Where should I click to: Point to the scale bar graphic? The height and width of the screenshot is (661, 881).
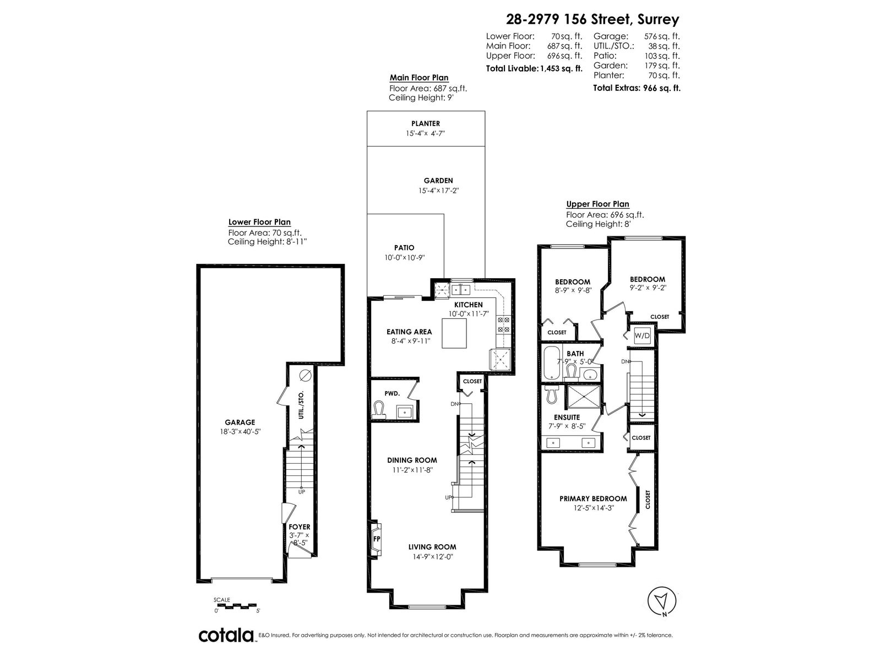click(x=235, y=605)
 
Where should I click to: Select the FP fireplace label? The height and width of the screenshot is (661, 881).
click(x=377, y=539)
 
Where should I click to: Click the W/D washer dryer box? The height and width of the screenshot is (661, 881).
click(x=642, y=335)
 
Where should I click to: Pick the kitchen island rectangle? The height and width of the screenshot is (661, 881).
click(x=454, y=333)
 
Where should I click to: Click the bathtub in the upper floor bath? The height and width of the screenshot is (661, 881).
click(x=551, y=363)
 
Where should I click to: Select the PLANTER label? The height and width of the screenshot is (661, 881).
click(x=426, y=123)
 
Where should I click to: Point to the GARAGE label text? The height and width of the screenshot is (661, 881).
click(x=240, y=422)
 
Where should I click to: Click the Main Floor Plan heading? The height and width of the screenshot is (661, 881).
click(x=419, y=78)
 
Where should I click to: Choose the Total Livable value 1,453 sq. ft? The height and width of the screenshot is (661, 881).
click(x=561, y=69)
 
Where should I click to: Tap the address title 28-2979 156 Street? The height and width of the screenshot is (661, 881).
click(x=592, y=19)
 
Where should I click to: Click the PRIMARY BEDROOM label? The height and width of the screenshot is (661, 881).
click(x=593, y=499)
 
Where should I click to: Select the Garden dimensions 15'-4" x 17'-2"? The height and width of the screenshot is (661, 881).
click(x=438, y=191)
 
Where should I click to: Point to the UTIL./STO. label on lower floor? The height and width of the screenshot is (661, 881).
click(x=301, y=404)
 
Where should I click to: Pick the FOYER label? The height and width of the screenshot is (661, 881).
click(x=300, y=527)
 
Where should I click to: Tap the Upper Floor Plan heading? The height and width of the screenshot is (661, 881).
click(x=597, y=204)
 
